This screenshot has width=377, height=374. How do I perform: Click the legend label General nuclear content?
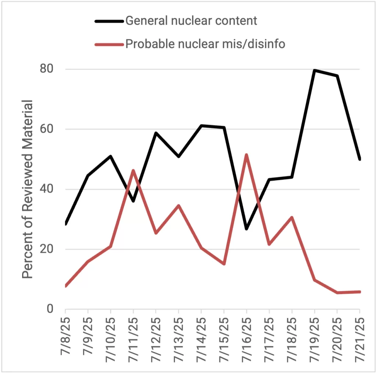tap(191, 21)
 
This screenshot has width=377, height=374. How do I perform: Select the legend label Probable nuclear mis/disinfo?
tap(205, 44)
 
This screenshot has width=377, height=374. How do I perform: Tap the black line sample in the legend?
tap(109, 21)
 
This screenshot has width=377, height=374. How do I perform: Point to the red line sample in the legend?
tap(109, 44)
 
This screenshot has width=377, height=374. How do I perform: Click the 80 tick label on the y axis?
tap(47, 69)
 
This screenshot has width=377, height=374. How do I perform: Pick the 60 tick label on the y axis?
tap(47, 129)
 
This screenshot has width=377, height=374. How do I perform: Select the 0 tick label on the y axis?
tap(50, 309)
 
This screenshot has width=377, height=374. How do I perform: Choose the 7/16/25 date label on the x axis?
tap(246, 340)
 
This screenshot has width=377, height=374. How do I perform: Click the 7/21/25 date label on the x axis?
tap(360, 340)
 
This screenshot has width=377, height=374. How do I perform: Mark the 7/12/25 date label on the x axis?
tap(156, 340)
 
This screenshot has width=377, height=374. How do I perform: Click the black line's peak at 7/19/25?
tap(314, 70)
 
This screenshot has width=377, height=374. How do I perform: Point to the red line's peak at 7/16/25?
tap(246, 155)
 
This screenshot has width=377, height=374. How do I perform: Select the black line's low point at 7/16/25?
tap(246, 229)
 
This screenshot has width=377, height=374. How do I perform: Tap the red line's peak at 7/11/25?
tap(133, 170)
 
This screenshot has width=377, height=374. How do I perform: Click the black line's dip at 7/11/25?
tap(133, 201)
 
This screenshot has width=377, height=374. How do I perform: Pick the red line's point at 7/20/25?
tap(337, 293)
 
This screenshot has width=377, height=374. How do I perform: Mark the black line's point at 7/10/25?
tap(110, 156)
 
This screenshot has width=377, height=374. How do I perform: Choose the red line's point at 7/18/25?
tap(292, 217)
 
